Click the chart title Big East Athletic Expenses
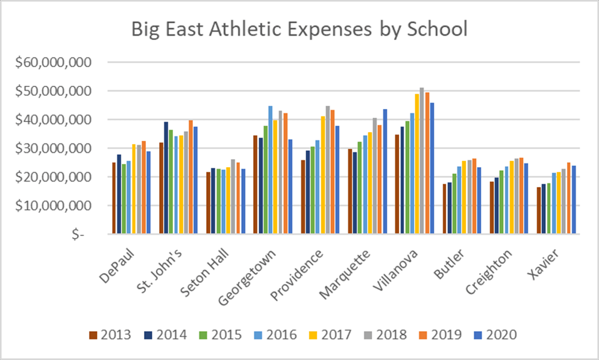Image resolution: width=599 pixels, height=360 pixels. tap(299, 29)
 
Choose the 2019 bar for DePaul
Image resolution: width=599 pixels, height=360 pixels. tap(143, 187)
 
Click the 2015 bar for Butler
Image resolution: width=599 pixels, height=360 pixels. tap(454, 203)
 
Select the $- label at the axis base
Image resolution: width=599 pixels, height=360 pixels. tap(78, 234)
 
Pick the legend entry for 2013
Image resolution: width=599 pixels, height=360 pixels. tap(110, 334)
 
